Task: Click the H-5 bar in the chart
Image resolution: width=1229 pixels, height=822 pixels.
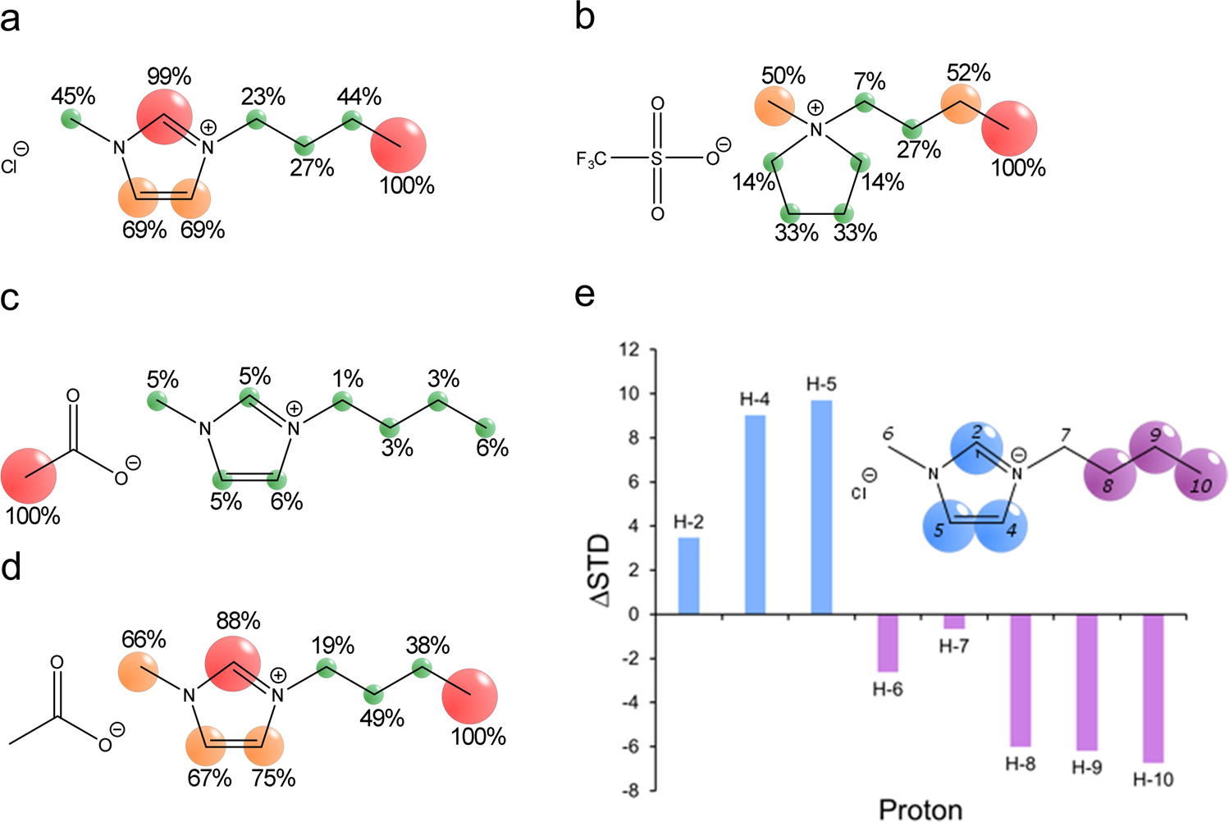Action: click(821, 507)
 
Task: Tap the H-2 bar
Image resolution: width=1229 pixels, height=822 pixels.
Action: click(689, 575)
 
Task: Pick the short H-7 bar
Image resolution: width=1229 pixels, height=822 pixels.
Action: click(954, 621)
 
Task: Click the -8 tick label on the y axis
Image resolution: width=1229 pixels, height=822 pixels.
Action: click(627, 791)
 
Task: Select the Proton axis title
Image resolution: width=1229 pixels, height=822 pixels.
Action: click(921, 810)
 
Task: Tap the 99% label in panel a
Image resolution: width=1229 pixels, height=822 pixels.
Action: click(169, 77)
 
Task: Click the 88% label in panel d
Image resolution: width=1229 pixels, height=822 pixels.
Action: click(238, 620)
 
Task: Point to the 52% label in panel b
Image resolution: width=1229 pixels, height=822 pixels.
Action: click(968, 72)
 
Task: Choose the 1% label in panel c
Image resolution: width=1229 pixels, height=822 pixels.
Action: click(348, 378)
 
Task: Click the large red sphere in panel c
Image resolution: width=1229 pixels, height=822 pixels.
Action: click(30, 476)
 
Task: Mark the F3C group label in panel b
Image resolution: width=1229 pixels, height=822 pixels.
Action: click(591, 159)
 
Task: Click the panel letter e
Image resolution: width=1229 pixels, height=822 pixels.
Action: click(584, 294)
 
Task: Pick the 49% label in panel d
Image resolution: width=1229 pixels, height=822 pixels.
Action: click(381, 719)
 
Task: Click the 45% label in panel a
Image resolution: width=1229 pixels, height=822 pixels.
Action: click(73, 96)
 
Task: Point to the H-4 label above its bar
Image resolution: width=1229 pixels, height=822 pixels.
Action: click(755, 400)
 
